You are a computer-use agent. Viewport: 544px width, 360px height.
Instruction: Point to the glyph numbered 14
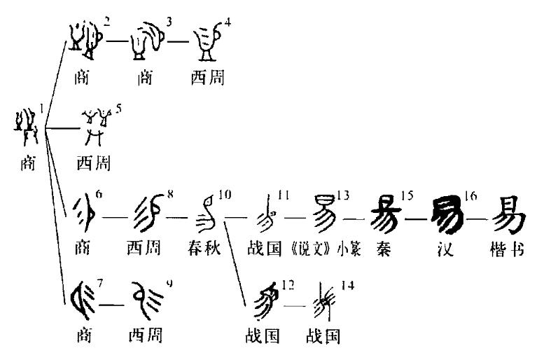[323, 300]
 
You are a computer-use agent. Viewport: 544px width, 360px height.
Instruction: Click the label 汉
[445, 250]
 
